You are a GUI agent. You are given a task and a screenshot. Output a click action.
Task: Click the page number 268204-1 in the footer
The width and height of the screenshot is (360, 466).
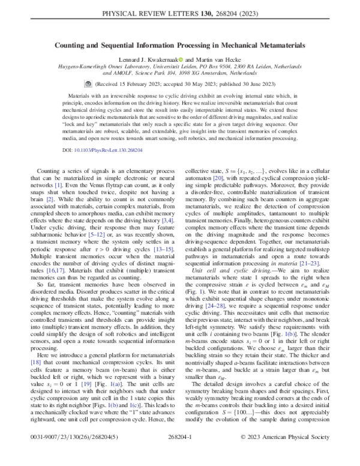tap(179, 455)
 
